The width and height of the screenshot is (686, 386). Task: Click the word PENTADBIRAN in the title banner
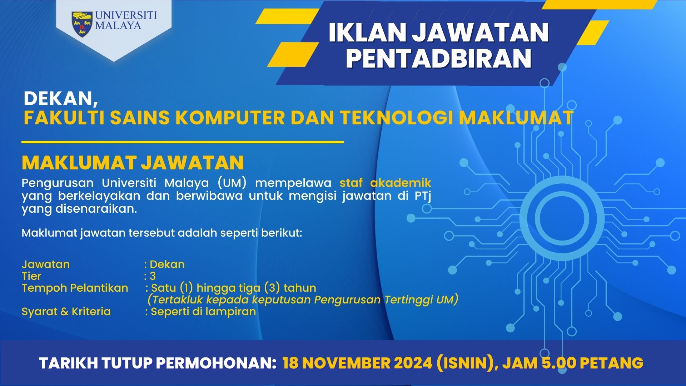click(x=439, y=59)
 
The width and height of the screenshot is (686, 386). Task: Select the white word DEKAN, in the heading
click(x=61, y=99)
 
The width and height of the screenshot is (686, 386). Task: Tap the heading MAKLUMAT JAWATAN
click(x=133, y=163)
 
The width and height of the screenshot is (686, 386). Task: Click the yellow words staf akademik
click(x=385, y=183)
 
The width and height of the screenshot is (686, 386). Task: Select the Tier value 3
click(x=153, y=276)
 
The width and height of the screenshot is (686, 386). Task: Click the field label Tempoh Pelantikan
click(x=75, y=288)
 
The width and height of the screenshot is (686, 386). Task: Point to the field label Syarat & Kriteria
click(x=66, y=311)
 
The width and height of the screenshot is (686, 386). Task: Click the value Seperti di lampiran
click(x=203, y=312)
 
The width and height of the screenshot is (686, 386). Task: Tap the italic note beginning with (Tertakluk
click(x=303, y=300)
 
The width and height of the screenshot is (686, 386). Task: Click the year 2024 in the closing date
click(x=413, y=363)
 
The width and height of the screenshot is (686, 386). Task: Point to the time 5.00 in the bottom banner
click(x=559, y=363)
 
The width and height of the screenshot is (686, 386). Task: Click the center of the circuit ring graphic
click(x=562, y=218)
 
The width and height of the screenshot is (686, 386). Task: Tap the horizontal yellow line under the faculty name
click(x=183, y=142)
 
